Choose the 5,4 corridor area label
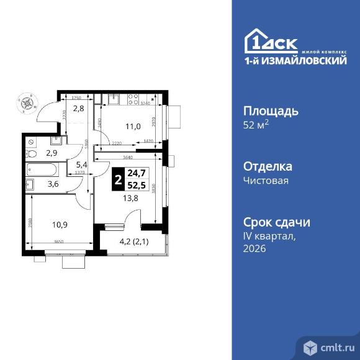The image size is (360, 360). pyautogui.click(x=82, y=164)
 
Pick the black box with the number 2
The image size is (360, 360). pyautogui.click(x=116, y=181)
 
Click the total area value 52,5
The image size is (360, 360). pyautogui.click(x=136, y=187)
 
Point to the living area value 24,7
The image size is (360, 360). pyautogui.click(x=136, y=176)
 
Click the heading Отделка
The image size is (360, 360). pyautogui.click(x=266, y=167)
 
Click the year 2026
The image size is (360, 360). pyautogui.click(x=254, y=248)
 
